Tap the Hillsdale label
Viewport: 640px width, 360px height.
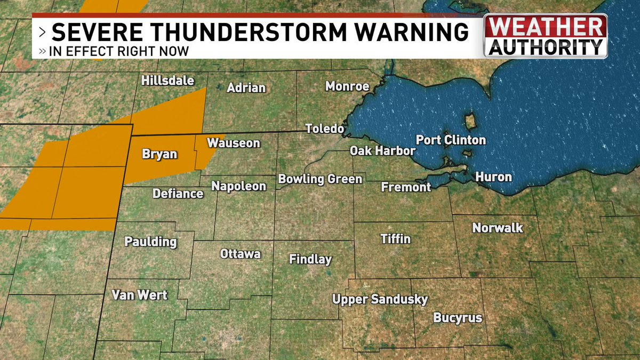(167, 81)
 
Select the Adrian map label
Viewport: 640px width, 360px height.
(246, 87)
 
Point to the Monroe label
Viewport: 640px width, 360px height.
(347, 86)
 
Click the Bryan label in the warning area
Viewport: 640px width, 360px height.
(159, 154)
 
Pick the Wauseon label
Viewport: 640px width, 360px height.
(233, 143)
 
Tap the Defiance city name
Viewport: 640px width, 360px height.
(178, 193)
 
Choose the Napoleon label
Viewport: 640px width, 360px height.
(238, 186)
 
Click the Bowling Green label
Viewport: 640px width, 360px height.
(320, 179)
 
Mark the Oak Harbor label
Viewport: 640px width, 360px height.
(382, 151)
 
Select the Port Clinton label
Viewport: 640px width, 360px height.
(451, 140)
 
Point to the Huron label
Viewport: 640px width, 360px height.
(493, 177)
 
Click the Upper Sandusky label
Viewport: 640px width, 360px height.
(380, 299)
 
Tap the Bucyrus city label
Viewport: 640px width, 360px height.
(458, 318)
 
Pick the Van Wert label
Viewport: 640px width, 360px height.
(139, 294)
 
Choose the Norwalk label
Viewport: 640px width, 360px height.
(498, 228)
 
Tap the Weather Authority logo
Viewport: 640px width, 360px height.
(545, 36)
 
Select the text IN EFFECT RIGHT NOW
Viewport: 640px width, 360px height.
(118, 52)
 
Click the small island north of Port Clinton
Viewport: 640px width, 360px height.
(470, 121)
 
